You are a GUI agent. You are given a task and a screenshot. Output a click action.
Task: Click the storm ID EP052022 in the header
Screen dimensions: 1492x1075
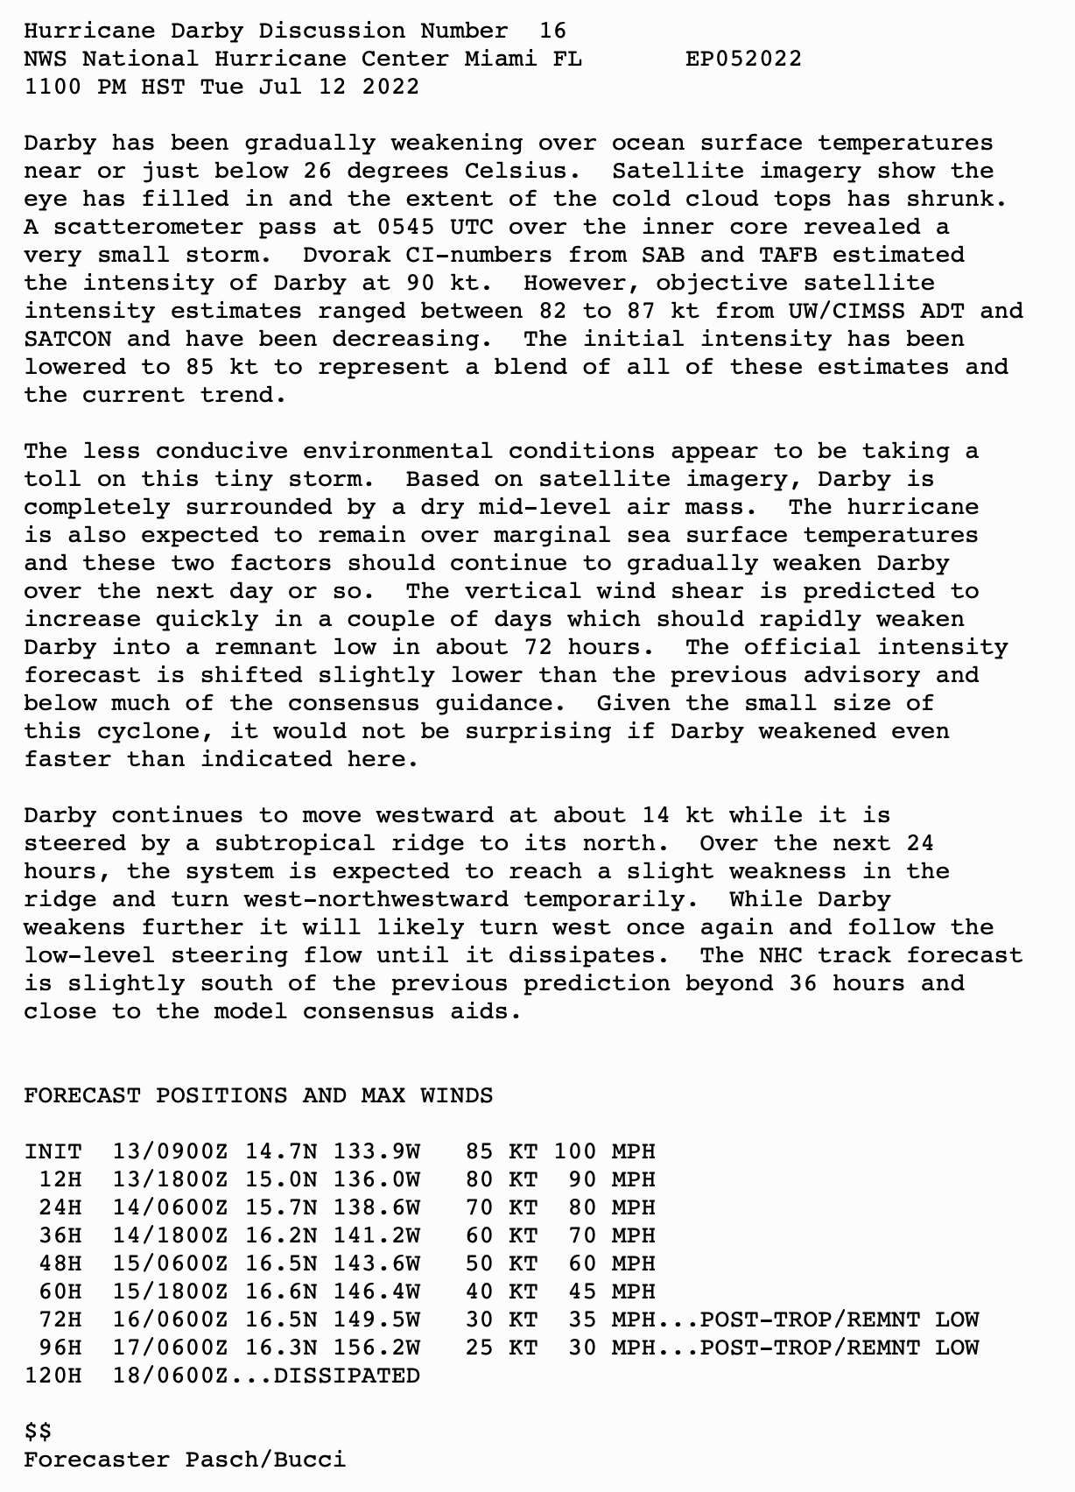pyautogui.click(x=743, y=59)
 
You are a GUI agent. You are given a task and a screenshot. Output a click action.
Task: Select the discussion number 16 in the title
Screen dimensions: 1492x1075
pyautogui.click(x=552, y=31)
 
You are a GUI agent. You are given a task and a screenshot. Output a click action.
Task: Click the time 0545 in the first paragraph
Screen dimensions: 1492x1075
pyautogui.click(x=406, y=227)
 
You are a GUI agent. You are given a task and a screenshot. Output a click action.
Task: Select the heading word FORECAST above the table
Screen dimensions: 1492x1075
pyautogui.click(x=82, y=1095)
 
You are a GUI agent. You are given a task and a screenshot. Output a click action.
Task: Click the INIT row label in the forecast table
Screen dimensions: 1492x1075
pyautogui.click(x=53, y=1151)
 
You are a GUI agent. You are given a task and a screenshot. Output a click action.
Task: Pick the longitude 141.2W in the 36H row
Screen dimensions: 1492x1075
pyautogui.click(x=376, y=1235)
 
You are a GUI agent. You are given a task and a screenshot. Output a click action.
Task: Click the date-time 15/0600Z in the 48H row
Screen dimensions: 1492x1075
pyautogui.click(x=170, y=1263)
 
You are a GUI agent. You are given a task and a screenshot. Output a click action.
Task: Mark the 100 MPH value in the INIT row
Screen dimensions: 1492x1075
pyautogui.click(x=604, y=1151)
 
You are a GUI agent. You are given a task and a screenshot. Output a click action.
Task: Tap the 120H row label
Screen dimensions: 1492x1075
pyautogui.click(x=53, y=1376)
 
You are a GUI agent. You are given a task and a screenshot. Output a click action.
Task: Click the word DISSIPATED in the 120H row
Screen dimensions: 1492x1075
pyautogui.click(x=347, y=1376)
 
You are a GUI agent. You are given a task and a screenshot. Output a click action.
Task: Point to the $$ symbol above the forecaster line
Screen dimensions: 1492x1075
pyautogui.click(x=38, y=1432)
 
